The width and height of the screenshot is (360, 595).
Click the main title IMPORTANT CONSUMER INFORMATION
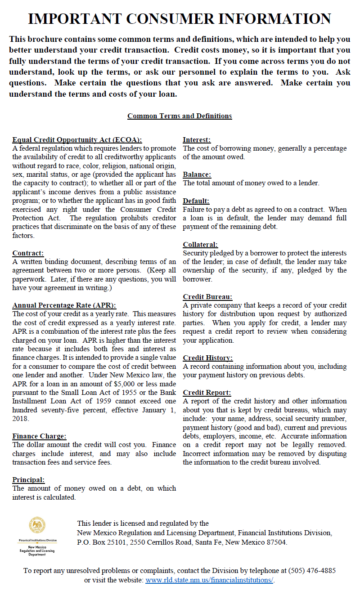180,18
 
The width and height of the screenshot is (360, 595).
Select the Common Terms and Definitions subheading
180,116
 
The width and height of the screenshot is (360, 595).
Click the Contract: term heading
28,253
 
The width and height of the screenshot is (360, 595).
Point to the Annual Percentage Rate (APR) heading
64,305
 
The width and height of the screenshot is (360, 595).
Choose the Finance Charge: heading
39,436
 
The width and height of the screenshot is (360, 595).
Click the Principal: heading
28,480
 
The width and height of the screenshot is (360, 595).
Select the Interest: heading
197,140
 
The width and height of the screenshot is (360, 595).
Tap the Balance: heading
197,174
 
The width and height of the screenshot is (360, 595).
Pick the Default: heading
196,201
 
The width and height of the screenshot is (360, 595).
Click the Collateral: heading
200,245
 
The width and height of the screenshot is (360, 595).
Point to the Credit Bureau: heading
207,297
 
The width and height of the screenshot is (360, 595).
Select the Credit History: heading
207,358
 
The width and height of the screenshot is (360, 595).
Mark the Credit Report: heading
207,393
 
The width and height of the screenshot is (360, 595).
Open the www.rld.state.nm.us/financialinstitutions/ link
209,580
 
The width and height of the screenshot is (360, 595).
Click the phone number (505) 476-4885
311,571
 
